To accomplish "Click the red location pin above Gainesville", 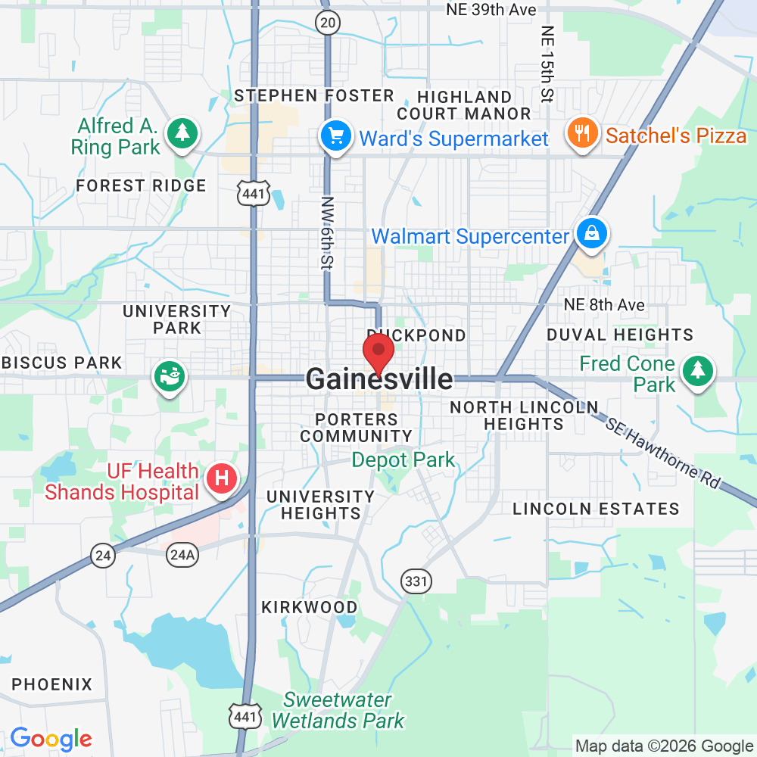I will click(x=378, y=351).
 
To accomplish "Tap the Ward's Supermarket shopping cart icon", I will click(x=335, y=137).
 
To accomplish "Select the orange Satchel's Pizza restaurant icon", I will click(x=581, y=135).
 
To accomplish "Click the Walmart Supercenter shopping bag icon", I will click(x=590, y=233).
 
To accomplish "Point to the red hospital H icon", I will click(x=223, y=478).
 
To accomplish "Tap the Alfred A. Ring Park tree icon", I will click(x=182, y=133).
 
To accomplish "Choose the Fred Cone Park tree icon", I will click(x=695, y=371).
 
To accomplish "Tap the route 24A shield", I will click(x=182, y=555).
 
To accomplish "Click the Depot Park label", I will click(x=403, y=459).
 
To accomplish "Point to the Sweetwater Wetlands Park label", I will click(x=338, y=710).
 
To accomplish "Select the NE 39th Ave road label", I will click(x=491, y=10).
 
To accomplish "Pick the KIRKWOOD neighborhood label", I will click(x=309, y=607).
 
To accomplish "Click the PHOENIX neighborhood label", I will click(x=51, y=684).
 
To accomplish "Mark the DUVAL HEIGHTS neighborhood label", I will click(x=620, y=335).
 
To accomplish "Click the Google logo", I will click(x=51, y=738).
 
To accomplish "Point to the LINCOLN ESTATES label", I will click(x=596, y=509).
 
